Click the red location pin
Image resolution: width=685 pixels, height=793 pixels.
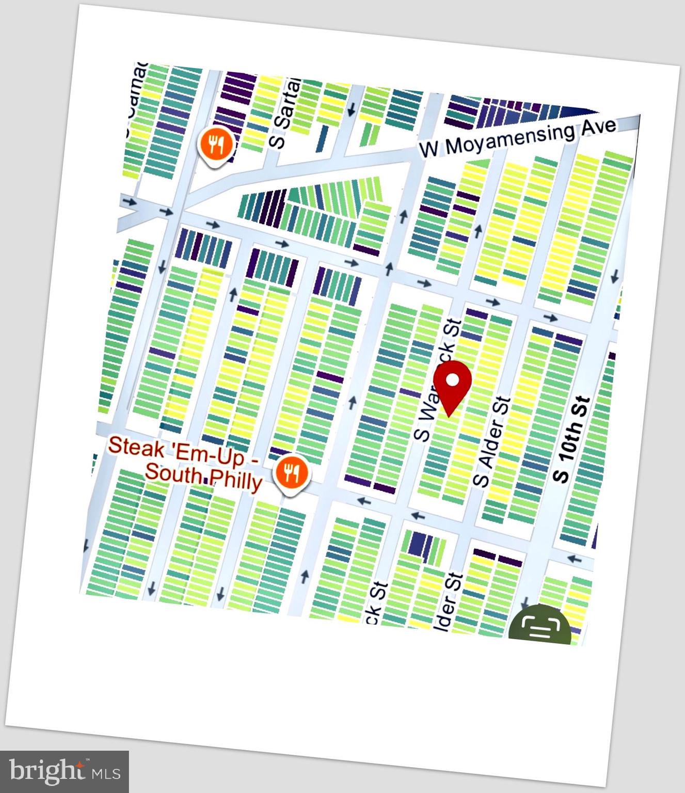tap(452, 387)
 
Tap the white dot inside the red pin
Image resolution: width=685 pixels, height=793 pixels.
tap(453, 380)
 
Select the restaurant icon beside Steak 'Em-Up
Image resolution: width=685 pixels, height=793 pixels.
tap(292, 472)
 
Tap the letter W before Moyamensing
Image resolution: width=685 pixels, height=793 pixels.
tap(429, 149)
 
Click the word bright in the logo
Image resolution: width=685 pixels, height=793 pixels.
tap(47, 771)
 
